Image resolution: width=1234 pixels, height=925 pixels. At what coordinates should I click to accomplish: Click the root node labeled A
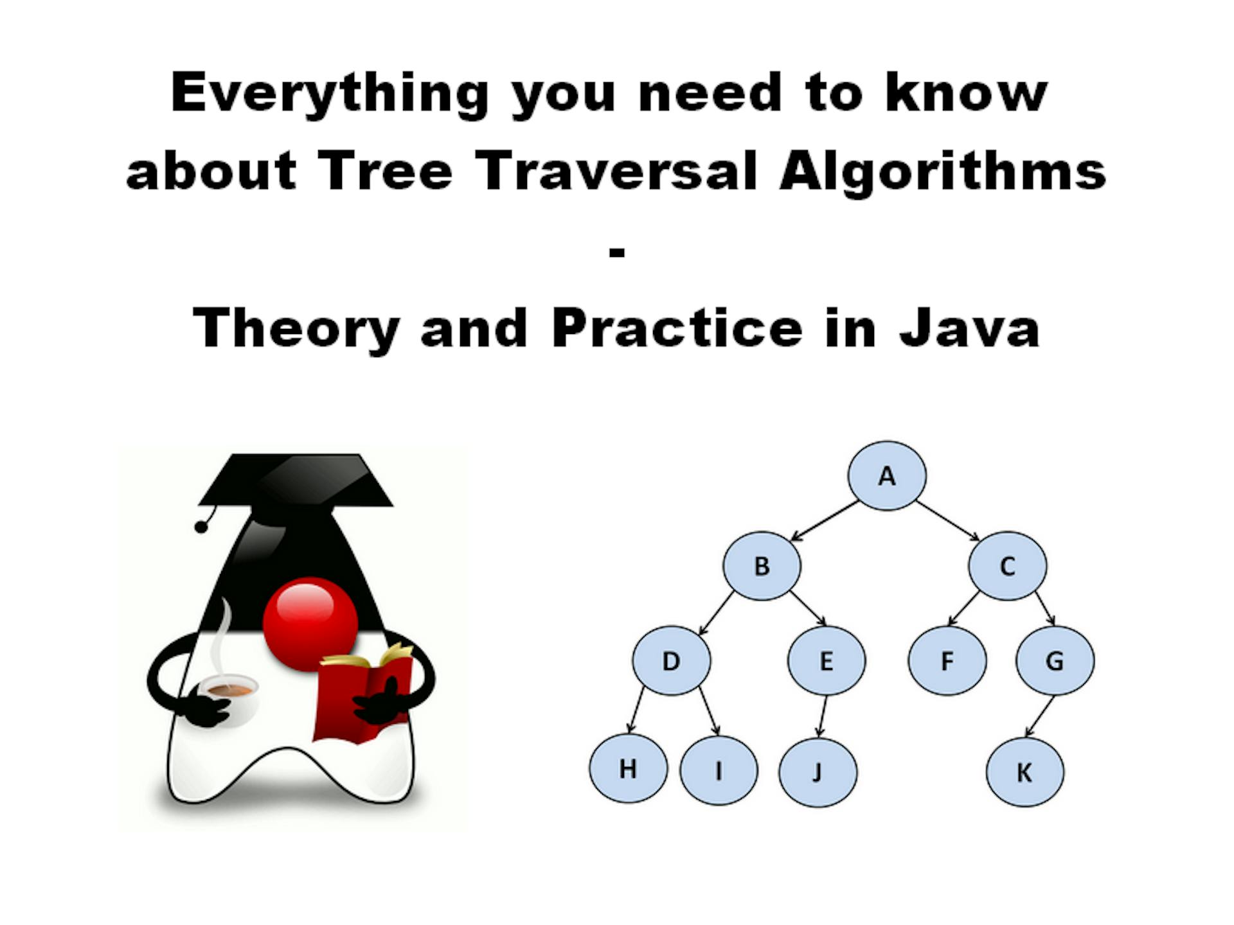tap(887, 476)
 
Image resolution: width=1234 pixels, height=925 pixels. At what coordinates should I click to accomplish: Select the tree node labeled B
tap(762, 566)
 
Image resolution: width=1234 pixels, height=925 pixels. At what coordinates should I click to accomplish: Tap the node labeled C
tap(1007, 566)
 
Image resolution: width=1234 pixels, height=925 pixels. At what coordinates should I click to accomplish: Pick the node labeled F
tap(947, 660)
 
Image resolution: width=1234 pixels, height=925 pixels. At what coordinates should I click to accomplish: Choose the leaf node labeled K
tap(1024, 771)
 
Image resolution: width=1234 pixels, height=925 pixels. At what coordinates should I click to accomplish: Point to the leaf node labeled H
tap(628, 769)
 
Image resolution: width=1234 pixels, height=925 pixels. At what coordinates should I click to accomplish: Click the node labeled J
tap(818, 771)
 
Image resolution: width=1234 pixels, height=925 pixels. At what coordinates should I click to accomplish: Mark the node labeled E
tap(827, 660)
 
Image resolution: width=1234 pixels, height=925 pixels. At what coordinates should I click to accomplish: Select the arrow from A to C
tap(947, 521)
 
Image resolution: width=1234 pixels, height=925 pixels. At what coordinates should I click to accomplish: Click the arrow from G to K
tap(1040, 716)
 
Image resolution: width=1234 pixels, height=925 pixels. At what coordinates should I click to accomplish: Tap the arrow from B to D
tap(716, 613)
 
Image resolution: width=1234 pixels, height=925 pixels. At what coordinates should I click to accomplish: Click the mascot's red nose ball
tap(310, 623)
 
